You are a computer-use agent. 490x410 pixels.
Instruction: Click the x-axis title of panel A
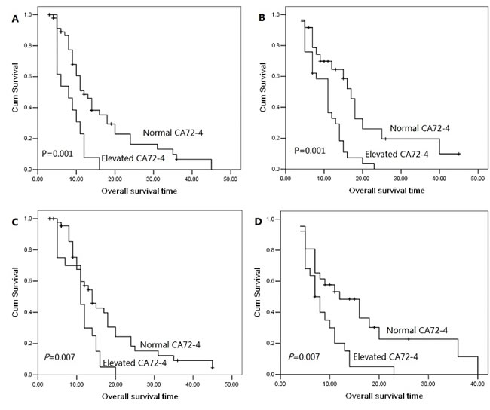pos(137,190)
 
